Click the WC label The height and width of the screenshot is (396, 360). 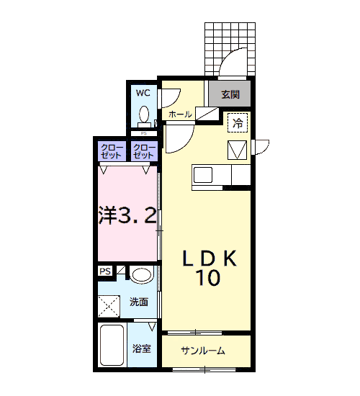(143, 93)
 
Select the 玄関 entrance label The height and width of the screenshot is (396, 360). (230, 94)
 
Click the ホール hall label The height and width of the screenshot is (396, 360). (180, 114)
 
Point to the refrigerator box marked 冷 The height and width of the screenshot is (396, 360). (238, 122)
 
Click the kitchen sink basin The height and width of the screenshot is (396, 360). (203, 175)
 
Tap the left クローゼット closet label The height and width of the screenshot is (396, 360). (112, 151)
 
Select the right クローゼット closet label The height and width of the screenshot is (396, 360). (144, 151)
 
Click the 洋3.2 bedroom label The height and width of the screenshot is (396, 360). (127, 215)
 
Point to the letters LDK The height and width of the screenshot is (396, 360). (210, 258)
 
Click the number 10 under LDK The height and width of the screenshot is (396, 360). (208, 277)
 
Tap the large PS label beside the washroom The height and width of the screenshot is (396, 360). (105, 271)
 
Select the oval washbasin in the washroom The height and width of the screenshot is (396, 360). (143, 275)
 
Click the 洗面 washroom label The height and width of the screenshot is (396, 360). (139, 302)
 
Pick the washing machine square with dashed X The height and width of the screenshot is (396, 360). (109, 306)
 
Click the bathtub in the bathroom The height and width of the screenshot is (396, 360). (112, 345)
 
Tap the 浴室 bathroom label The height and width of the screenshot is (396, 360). (141, 348)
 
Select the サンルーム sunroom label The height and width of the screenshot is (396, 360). (203, 351)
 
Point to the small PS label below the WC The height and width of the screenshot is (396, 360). (144, 133)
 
